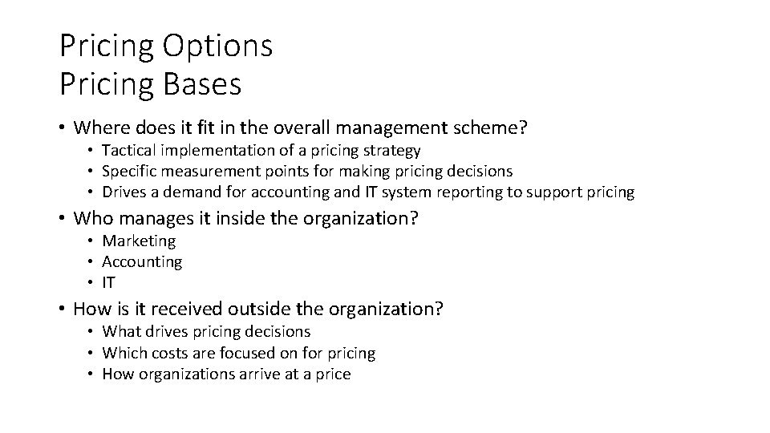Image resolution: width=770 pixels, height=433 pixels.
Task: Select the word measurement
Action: [x=200, y=171]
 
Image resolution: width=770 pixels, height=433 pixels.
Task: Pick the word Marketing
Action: [x=139, y=241]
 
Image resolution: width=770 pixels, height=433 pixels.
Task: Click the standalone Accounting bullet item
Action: [x=142, y=261]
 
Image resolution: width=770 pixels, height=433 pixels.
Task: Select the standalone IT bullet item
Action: [x=109, y=282]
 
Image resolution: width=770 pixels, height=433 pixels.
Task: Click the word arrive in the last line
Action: [x=257, y=374]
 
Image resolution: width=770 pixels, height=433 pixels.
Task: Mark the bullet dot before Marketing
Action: [x=93, y=241]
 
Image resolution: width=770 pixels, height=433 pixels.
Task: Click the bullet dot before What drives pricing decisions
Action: [x=93, y=332]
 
